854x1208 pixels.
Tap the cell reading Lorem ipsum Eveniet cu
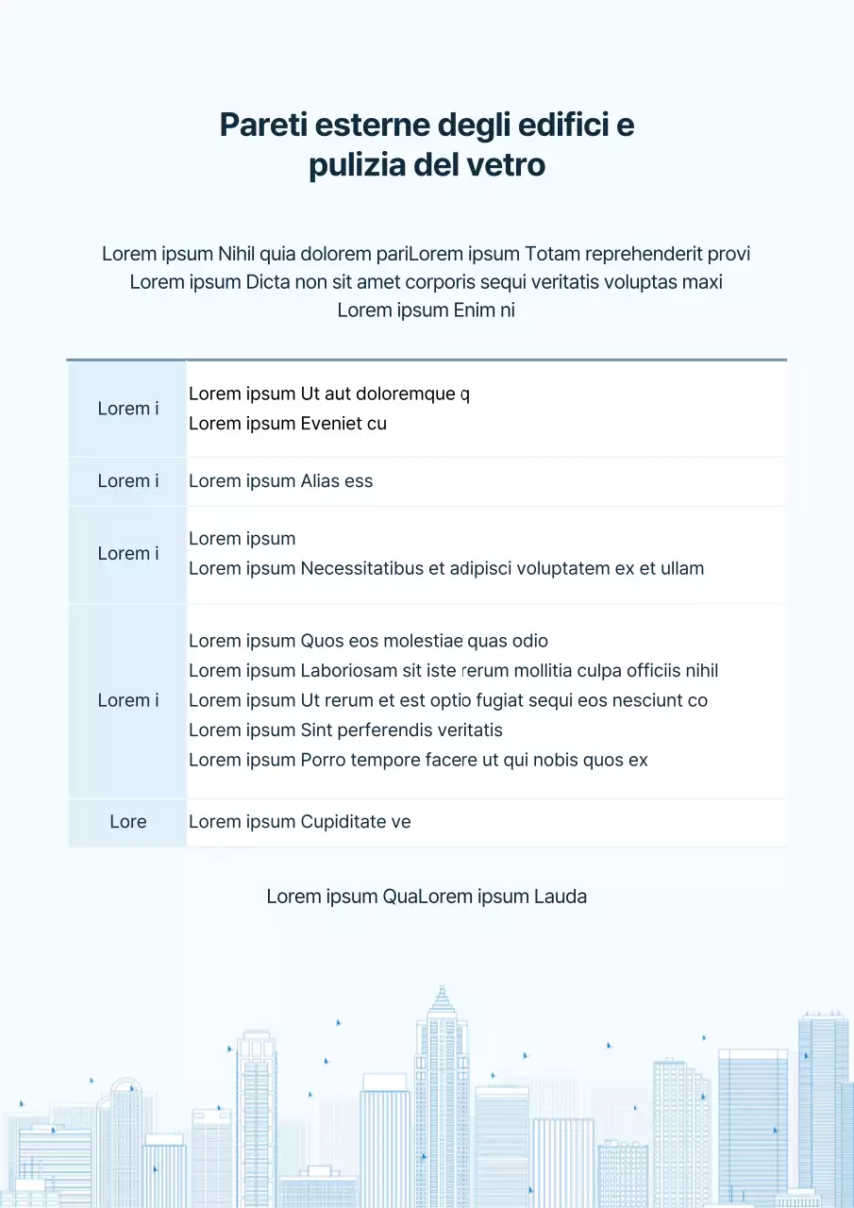point(288,424)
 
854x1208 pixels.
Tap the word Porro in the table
point(323,761)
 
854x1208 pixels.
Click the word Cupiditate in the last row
point(343,822)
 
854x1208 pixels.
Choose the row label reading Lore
point(127,822)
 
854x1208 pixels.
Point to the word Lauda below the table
point(561,897)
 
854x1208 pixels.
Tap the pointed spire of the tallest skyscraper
point(441,989)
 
